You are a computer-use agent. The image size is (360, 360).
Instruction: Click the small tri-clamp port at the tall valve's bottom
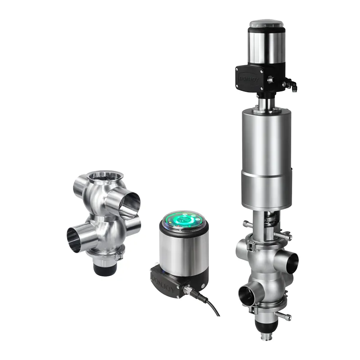pyautogui.click(x=264, y=337)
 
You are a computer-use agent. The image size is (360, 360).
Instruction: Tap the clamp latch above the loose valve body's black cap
pyautogui.click(x=119, y=258)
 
